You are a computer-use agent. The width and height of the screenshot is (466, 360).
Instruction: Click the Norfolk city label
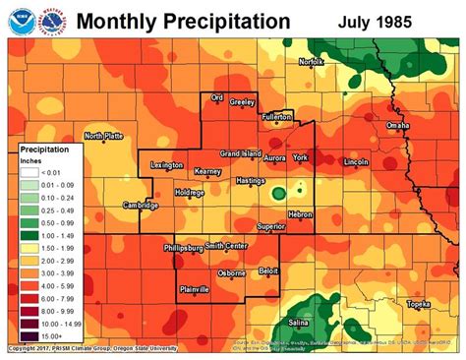[x=311, y=62]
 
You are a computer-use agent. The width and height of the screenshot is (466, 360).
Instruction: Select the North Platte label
[x=105, y=136]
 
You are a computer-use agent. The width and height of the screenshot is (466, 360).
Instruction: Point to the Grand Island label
[x=239, y=154]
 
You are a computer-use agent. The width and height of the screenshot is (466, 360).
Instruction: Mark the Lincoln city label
[x=357, y=160]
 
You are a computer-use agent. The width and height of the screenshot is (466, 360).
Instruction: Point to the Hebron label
[x=300, y=213]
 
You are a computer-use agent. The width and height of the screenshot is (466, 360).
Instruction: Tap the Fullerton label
[x=277, y=117]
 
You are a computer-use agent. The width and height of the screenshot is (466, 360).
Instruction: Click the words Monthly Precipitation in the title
[x=183, y=21]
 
